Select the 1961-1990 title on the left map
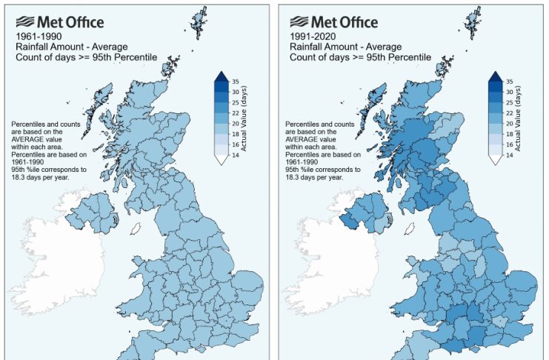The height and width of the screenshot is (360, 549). pyautogui.click(x=38, y=35)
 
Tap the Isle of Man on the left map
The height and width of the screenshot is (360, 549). pyautogui.click(x=135, y=229)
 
